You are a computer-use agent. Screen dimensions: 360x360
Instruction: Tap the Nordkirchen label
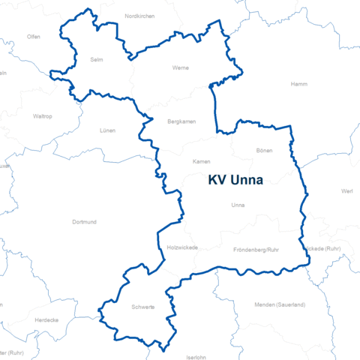139,16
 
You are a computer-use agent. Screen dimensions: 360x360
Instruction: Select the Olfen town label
34,36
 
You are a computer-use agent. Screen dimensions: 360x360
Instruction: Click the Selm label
96,59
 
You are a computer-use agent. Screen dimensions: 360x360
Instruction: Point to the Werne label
181,68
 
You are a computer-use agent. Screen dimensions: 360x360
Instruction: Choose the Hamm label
298,84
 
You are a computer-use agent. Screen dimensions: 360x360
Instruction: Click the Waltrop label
43,116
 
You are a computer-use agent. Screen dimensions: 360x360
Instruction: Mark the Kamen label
201,162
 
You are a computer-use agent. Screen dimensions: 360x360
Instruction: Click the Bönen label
264,151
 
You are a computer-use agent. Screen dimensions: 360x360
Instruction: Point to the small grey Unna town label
238,205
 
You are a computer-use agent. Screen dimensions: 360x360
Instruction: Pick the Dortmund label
84,222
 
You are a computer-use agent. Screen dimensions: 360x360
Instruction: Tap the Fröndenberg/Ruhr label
256,249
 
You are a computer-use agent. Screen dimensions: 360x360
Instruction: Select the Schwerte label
142,307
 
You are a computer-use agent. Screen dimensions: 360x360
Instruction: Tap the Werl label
346,191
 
